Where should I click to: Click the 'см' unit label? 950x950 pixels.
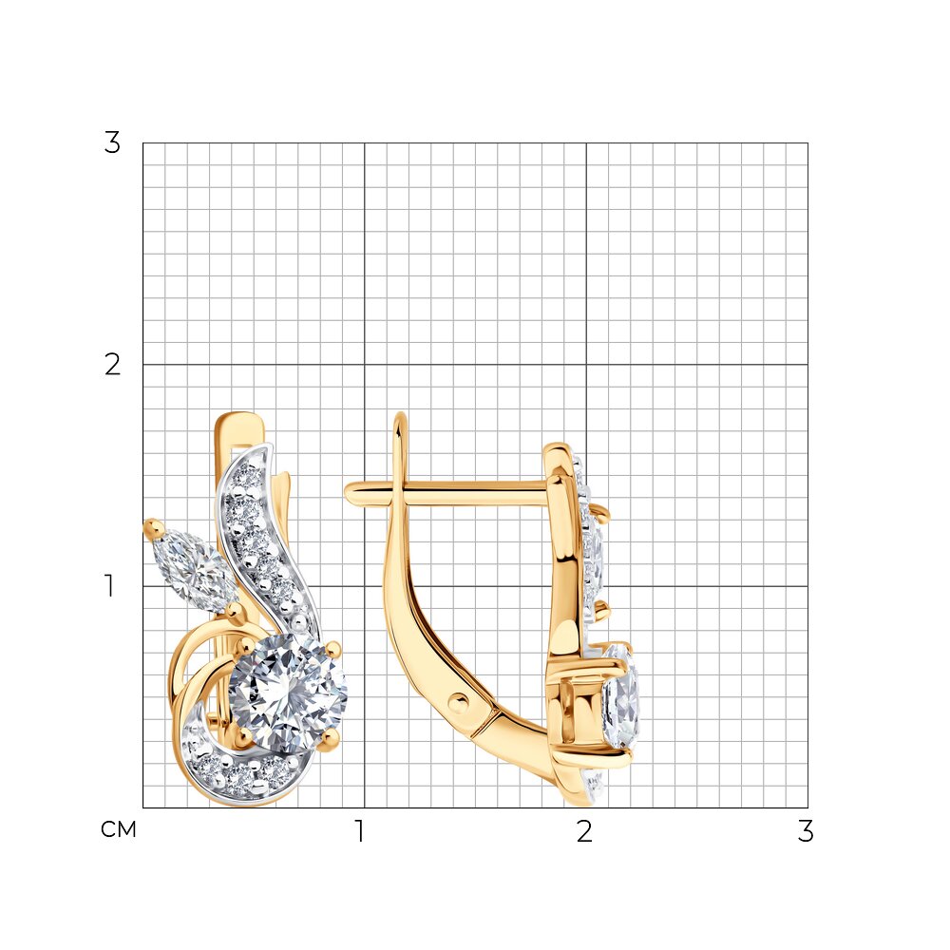click(x=119, y=828)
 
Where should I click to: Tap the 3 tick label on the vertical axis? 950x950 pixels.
click(x=112, y=143)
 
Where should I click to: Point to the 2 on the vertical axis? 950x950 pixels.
click(x=113, y=365)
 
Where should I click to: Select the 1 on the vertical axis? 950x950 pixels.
click(x=109, y=586)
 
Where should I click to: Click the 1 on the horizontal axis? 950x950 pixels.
click(x=360, y=830)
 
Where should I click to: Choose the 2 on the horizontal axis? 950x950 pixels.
click(x=584, y=830)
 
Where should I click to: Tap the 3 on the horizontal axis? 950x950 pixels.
click(x=806, y=830)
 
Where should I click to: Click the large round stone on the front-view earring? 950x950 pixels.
click(x=287, y=693)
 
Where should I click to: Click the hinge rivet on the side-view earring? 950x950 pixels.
click(x=459, y=702)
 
